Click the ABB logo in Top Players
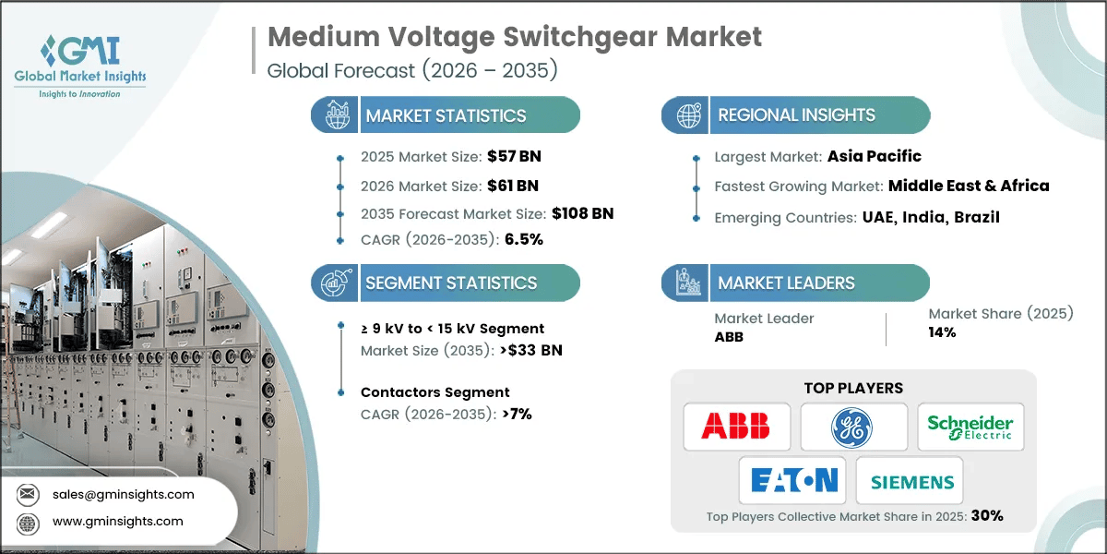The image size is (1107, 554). point(736,427)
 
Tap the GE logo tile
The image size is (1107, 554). point(853,427)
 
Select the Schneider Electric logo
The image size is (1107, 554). point(970,427)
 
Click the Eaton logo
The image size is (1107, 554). point(793,480)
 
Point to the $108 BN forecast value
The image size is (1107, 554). point(582,212)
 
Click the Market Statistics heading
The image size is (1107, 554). point(446,115)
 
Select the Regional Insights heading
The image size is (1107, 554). point(796,115)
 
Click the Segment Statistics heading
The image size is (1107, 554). point(451,283)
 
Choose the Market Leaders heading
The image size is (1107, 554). point(787,283)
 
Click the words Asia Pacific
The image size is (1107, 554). point(875,156)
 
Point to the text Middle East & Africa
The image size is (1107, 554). point(969,185)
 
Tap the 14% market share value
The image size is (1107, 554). point(942,332)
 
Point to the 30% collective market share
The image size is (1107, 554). point(986,516)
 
